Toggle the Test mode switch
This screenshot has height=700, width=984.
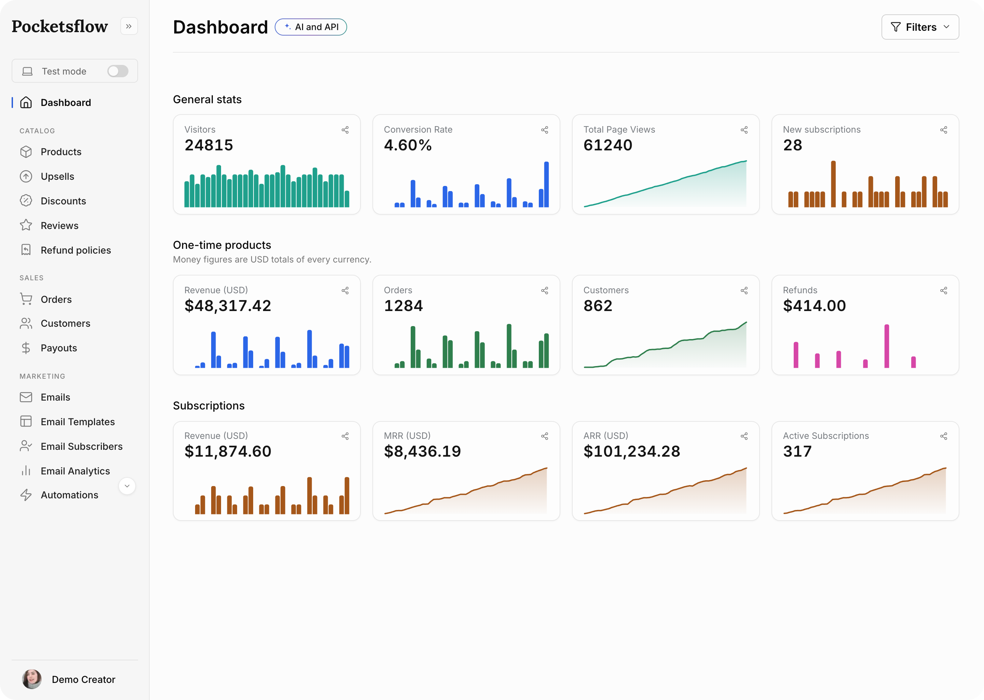pyautogui.click(x=118, y=71)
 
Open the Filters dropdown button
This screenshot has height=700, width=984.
pyautogui.click(x=920, y=27)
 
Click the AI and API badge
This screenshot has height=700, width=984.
pyautogui.click(x=311, y=27)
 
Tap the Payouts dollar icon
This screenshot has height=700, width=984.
pyautogui.click(x=26, y=348)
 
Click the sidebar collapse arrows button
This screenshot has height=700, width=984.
pyautogui.click(x=129, y=26)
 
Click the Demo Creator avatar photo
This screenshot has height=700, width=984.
pyautogui.click(x=32, y=679)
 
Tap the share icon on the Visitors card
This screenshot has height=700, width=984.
pyautogui.click(x=345, y=130)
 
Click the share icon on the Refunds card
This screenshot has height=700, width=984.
pyautogui.click(x=943, y=291)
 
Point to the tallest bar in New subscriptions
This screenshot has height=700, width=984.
pyautogui.click(x=833, y=184)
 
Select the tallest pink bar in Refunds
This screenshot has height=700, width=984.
pyautogui.click(x=887, y=346)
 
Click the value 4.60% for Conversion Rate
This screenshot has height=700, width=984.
pyautogui.click(x=408, y=145)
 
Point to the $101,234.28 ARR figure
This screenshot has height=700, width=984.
pyautogui.click(x=632, y=451)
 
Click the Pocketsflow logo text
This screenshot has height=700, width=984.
pyautogui.click(x=60, y=26)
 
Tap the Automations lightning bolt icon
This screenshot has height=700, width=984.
pyautogui.click(x=26, y=495)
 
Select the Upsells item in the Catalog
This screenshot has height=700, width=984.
pyautogui.click(x=57, y=176)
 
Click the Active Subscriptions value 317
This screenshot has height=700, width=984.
pyautogui.click(x=797, y=451)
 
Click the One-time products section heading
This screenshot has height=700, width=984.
pyautogui.click(x=222, y=245)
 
